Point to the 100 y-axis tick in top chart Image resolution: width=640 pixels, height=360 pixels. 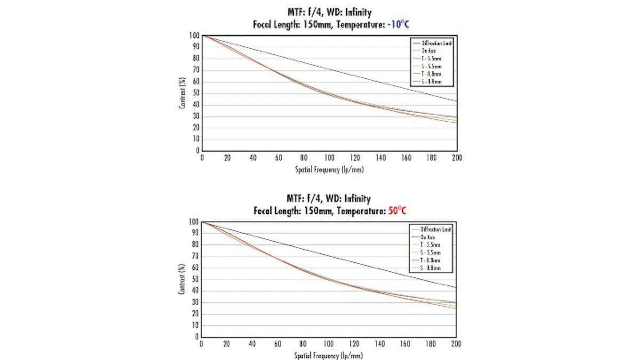(195, 36)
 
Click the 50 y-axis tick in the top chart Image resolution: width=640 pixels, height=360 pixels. (196, 93)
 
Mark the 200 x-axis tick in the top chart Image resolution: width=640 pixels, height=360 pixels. (457, 158)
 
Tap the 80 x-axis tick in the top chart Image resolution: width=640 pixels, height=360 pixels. (304, 158)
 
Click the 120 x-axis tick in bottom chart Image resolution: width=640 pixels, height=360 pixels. (355, 343)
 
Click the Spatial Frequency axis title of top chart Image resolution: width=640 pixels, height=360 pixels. (329, 169)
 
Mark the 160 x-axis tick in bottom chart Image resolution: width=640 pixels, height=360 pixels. (405, 343)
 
